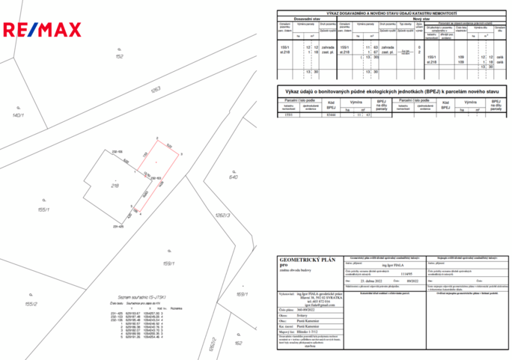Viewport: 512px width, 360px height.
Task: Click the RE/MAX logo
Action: [x=43, y=30]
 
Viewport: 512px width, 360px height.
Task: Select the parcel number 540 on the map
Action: [x=233, y=177]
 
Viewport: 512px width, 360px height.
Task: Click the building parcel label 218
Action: [x=115, y=185]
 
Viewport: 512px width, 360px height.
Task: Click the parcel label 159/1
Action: [x=168, y=263]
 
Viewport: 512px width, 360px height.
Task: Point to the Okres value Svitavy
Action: [x=302, y=315]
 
